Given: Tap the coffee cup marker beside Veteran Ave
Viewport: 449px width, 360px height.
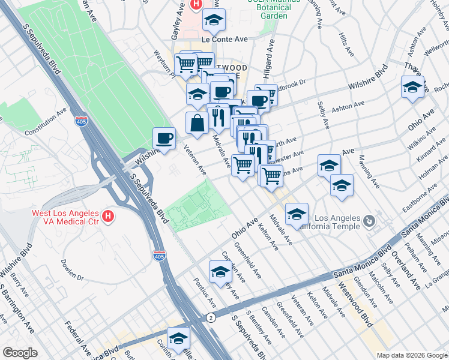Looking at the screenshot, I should [164, 139].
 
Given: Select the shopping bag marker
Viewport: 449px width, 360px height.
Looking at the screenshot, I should [197, 124].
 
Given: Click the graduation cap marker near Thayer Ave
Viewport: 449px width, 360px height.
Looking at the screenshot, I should [412, 87].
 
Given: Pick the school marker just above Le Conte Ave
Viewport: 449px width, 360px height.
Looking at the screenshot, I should [214, 21].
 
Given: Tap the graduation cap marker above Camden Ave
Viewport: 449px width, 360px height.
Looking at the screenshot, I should [220, 272].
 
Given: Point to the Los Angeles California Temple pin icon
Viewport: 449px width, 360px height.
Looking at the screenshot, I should [369, 222].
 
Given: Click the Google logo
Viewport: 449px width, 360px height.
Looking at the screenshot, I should [20, 352].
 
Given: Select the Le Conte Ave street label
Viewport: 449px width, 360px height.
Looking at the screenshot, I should [225, 39].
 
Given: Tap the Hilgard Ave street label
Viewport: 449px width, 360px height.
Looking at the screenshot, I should [270, 57].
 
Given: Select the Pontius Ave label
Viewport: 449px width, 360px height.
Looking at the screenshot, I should [200, 292].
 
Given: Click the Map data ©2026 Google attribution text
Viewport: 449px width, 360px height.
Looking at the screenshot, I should [411, 355].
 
